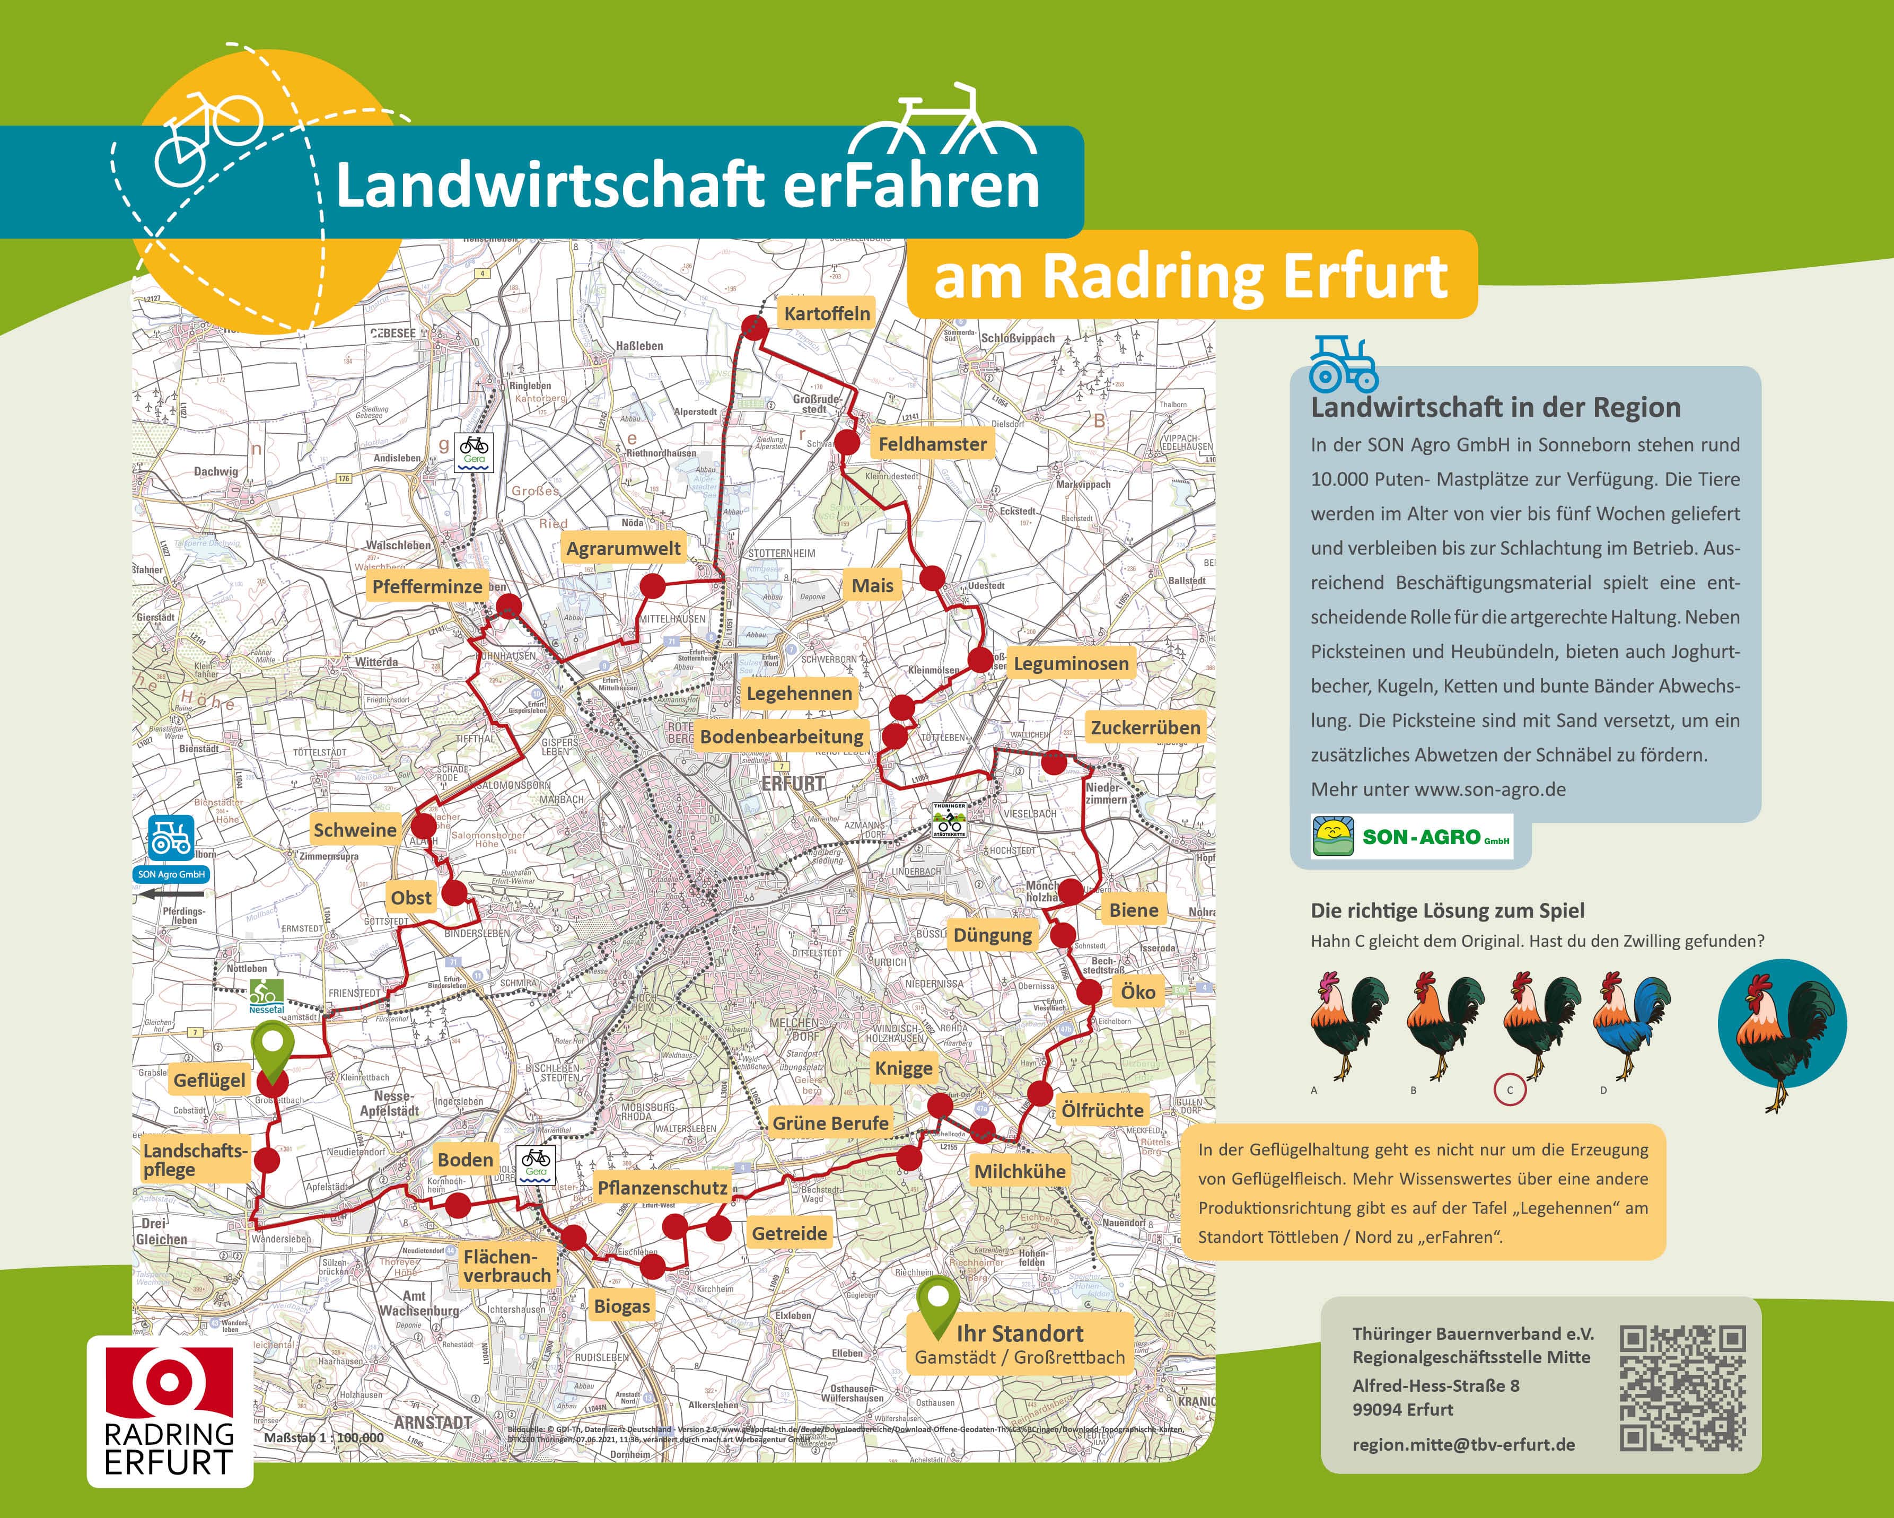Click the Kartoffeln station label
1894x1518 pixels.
pos(827,313)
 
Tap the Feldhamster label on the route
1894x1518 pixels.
pos(932,444)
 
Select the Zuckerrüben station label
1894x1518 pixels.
pos(1145,727)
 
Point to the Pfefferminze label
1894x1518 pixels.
pos(427,586)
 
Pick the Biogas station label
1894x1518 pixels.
pos(622,1305)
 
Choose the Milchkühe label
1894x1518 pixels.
pos(1019,1171)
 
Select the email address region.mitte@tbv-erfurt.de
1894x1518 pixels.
pos(1463,1444)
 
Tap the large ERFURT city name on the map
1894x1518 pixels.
pos(793,783)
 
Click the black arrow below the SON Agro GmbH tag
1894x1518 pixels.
pos(172,894)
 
